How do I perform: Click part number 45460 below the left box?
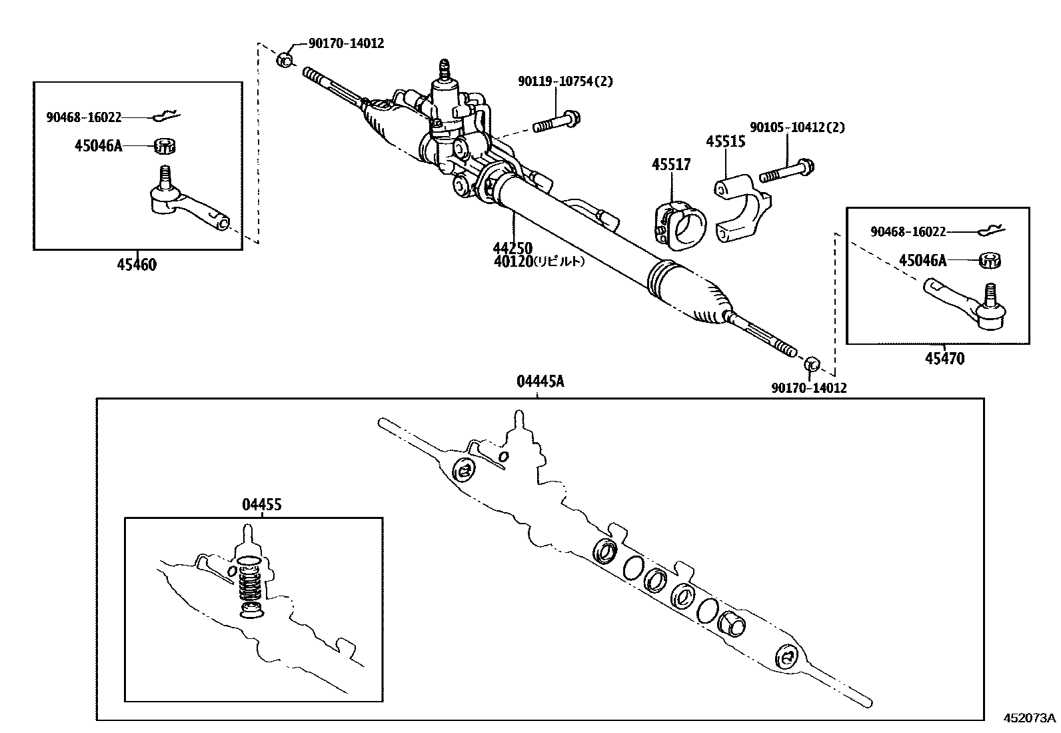tap(137, 265)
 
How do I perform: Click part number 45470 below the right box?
tap(944, 358)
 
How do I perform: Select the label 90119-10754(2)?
tap(565, 81)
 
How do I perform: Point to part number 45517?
tap(671, 164)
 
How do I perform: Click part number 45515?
tap(726, 142)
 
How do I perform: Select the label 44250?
tap(513, 249)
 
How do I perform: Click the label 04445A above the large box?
tap(540, 382)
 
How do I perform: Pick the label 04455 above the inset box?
tap(261, 504)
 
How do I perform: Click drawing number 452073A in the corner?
tap(1030, 718)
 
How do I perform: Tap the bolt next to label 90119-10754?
tap(556, 124)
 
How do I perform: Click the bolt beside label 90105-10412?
tap(788, 171)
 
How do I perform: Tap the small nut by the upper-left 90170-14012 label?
tap(284, 59)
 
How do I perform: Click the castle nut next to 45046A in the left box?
tap(165, 145)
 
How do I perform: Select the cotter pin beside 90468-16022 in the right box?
tap(992, 231)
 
